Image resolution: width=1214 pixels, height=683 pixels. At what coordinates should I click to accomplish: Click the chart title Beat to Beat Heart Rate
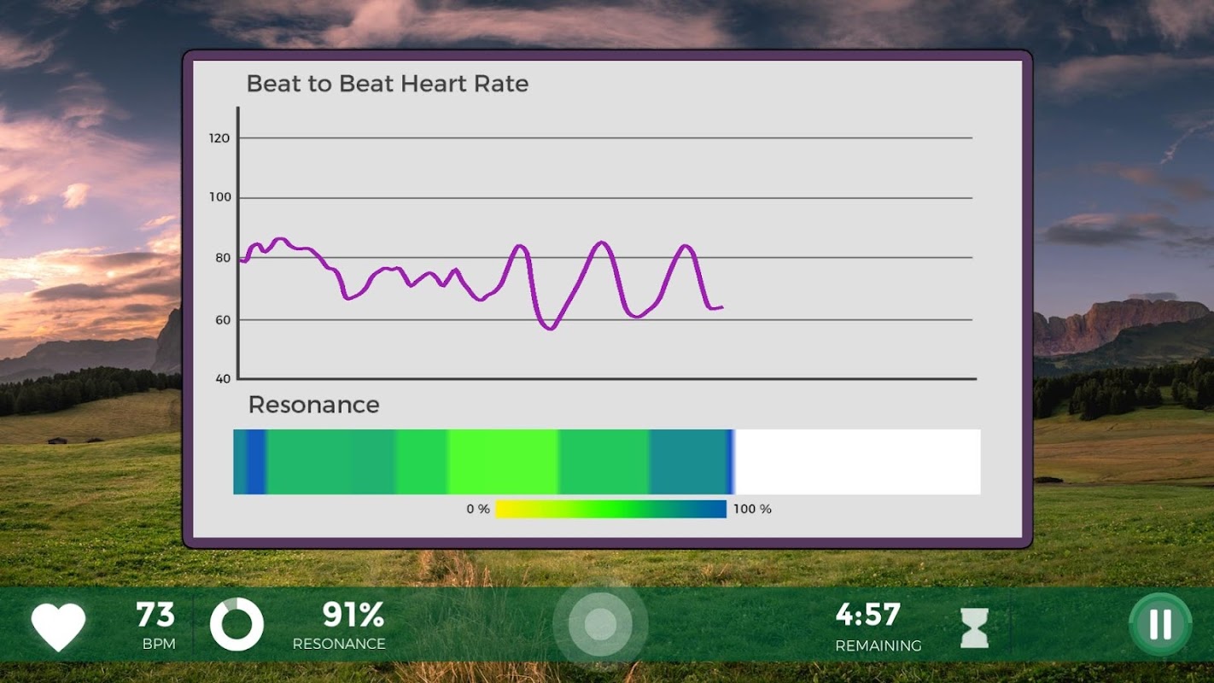tap(387, 84)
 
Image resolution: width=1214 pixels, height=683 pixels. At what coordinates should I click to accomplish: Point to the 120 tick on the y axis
tap(219, 137)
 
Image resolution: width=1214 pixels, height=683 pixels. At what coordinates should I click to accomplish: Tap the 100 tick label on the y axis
tap(219, 197)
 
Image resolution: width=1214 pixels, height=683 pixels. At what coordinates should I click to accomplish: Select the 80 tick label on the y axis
tap(222, 258)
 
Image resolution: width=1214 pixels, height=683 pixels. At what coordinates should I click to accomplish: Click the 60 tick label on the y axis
tap(222, 319)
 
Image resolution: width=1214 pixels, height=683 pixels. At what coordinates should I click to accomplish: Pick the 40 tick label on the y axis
tap(222, 378)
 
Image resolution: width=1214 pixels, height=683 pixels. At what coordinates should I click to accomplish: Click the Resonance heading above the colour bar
tap(313, 405)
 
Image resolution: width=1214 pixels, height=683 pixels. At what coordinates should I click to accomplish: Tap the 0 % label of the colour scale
tap(478, 509)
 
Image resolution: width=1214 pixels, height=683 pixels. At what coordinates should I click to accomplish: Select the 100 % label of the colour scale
tap(752, 509)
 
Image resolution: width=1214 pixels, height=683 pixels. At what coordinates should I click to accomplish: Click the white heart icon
tap(58, 627)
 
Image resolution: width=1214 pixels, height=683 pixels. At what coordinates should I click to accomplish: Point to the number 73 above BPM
tap(155, 615)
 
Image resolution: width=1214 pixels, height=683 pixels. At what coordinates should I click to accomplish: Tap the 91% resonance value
tap(353, 615)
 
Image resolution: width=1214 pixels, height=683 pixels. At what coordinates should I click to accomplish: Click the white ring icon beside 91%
tap(236, 625)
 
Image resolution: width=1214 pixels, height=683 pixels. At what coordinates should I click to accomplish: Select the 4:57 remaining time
tap(867, 615)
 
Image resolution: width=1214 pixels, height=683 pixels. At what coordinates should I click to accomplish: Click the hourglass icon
tap(974, 628)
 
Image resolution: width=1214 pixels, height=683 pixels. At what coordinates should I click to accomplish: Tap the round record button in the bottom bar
tap(600, 625)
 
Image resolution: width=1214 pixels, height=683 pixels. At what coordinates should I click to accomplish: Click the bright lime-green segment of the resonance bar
tap(503, 462)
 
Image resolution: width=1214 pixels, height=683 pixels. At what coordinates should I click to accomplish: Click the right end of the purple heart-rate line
tap(721, 306)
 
